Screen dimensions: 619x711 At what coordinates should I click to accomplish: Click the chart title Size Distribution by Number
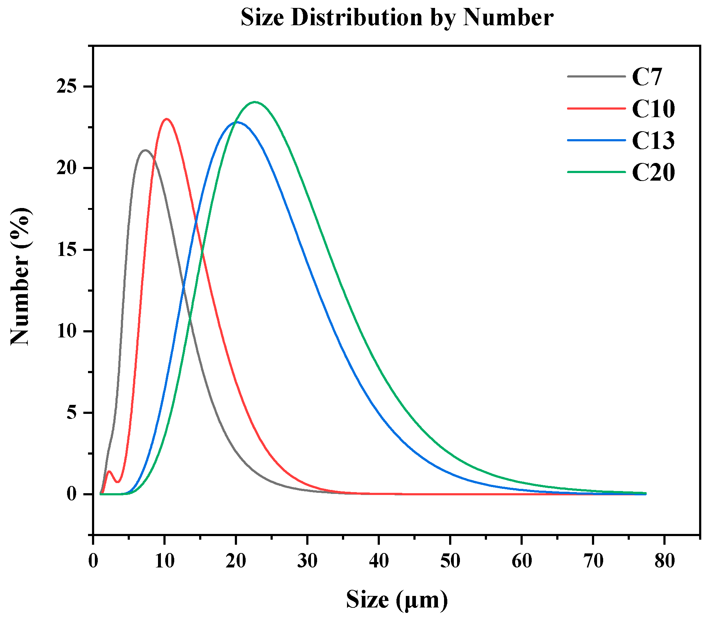coord(397,17)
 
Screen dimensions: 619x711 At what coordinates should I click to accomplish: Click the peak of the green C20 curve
coord(255,102)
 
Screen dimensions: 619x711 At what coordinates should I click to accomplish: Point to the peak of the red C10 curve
coord(166,119)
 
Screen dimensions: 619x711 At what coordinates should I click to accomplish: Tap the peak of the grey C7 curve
coord(145,150)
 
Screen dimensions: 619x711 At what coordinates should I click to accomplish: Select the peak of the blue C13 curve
coord(236,122)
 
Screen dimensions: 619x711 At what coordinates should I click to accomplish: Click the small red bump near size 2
coord(109,472)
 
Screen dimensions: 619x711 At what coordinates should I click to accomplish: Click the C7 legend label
coord(647,77)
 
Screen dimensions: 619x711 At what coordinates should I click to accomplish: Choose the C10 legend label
coord(653,109)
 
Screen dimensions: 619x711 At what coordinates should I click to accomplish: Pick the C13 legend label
coord(653,140)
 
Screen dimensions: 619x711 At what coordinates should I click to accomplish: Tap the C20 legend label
coord(653,172)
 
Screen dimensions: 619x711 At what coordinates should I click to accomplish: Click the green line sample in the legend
coord(596,172)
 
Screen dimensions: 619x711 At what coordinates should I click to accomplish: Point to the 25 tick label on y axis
coord(67,87)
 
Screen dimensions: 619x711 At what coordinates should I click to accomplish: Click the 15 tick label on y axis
coord(67,249)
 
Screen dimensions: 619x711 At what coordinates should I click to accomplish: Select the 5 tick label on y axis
coord(72,412)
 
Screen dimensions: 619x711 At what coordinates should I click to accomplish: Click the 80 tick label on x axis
coord(664,561)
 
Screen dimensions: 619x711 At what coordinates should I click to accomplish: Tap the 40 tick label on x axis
coord(379,561)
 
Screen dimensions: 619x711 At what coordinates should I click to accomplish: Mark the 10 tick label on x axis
coord(164,561)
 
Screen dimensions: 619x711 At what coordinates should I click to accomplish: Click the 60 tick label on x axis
coord(522,561)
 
